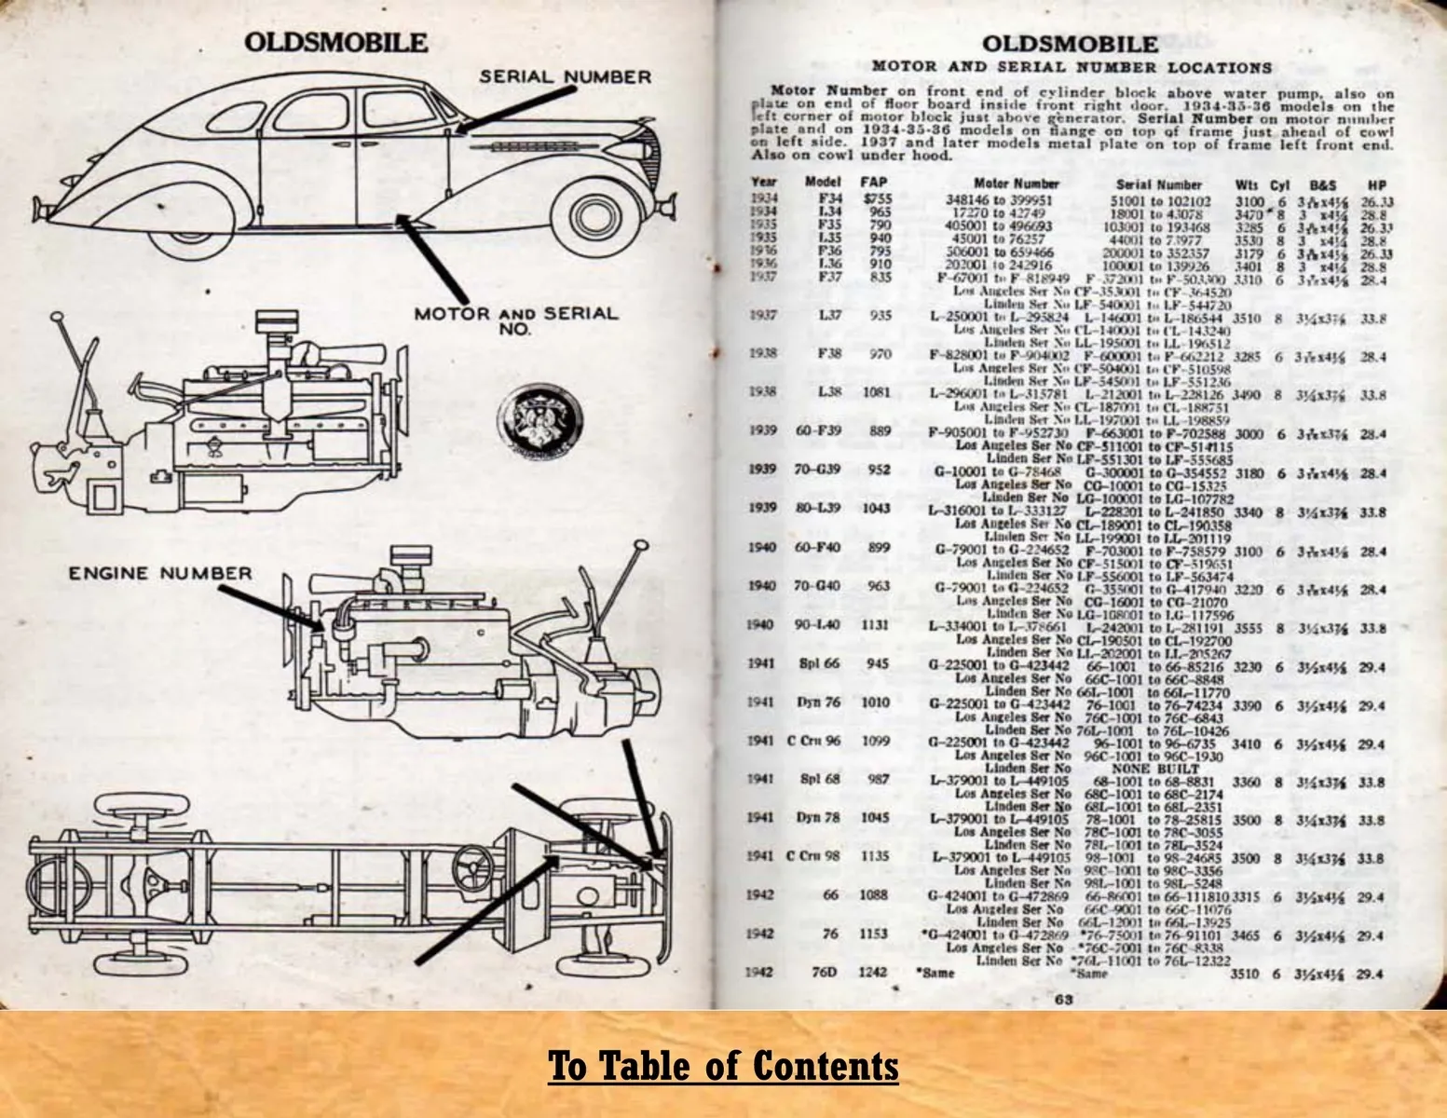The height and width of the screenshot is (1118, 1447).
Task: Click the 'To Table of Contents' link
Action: click(x=723, y=1065)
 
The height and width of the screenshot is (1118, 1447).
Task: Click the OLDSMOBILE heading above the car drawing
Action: click(x=336, y=43)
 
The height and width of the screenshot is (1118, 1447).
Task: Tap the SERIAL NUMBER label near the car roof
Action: click(x=565, y=76)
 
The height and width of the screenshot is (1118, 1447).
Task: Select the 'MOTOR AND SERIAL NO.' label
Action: click(x=515, y=320)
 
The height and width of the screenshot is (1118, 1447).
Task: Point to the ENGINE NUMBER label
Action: click(x=159, y=573)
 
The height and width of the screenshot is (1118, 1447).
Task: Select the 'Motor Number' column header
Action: click(x=1017, y=184)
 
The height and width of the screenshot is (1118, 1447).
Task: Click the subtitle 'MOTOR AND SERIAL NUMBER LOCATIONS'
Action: click(x=1071, y=67)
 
